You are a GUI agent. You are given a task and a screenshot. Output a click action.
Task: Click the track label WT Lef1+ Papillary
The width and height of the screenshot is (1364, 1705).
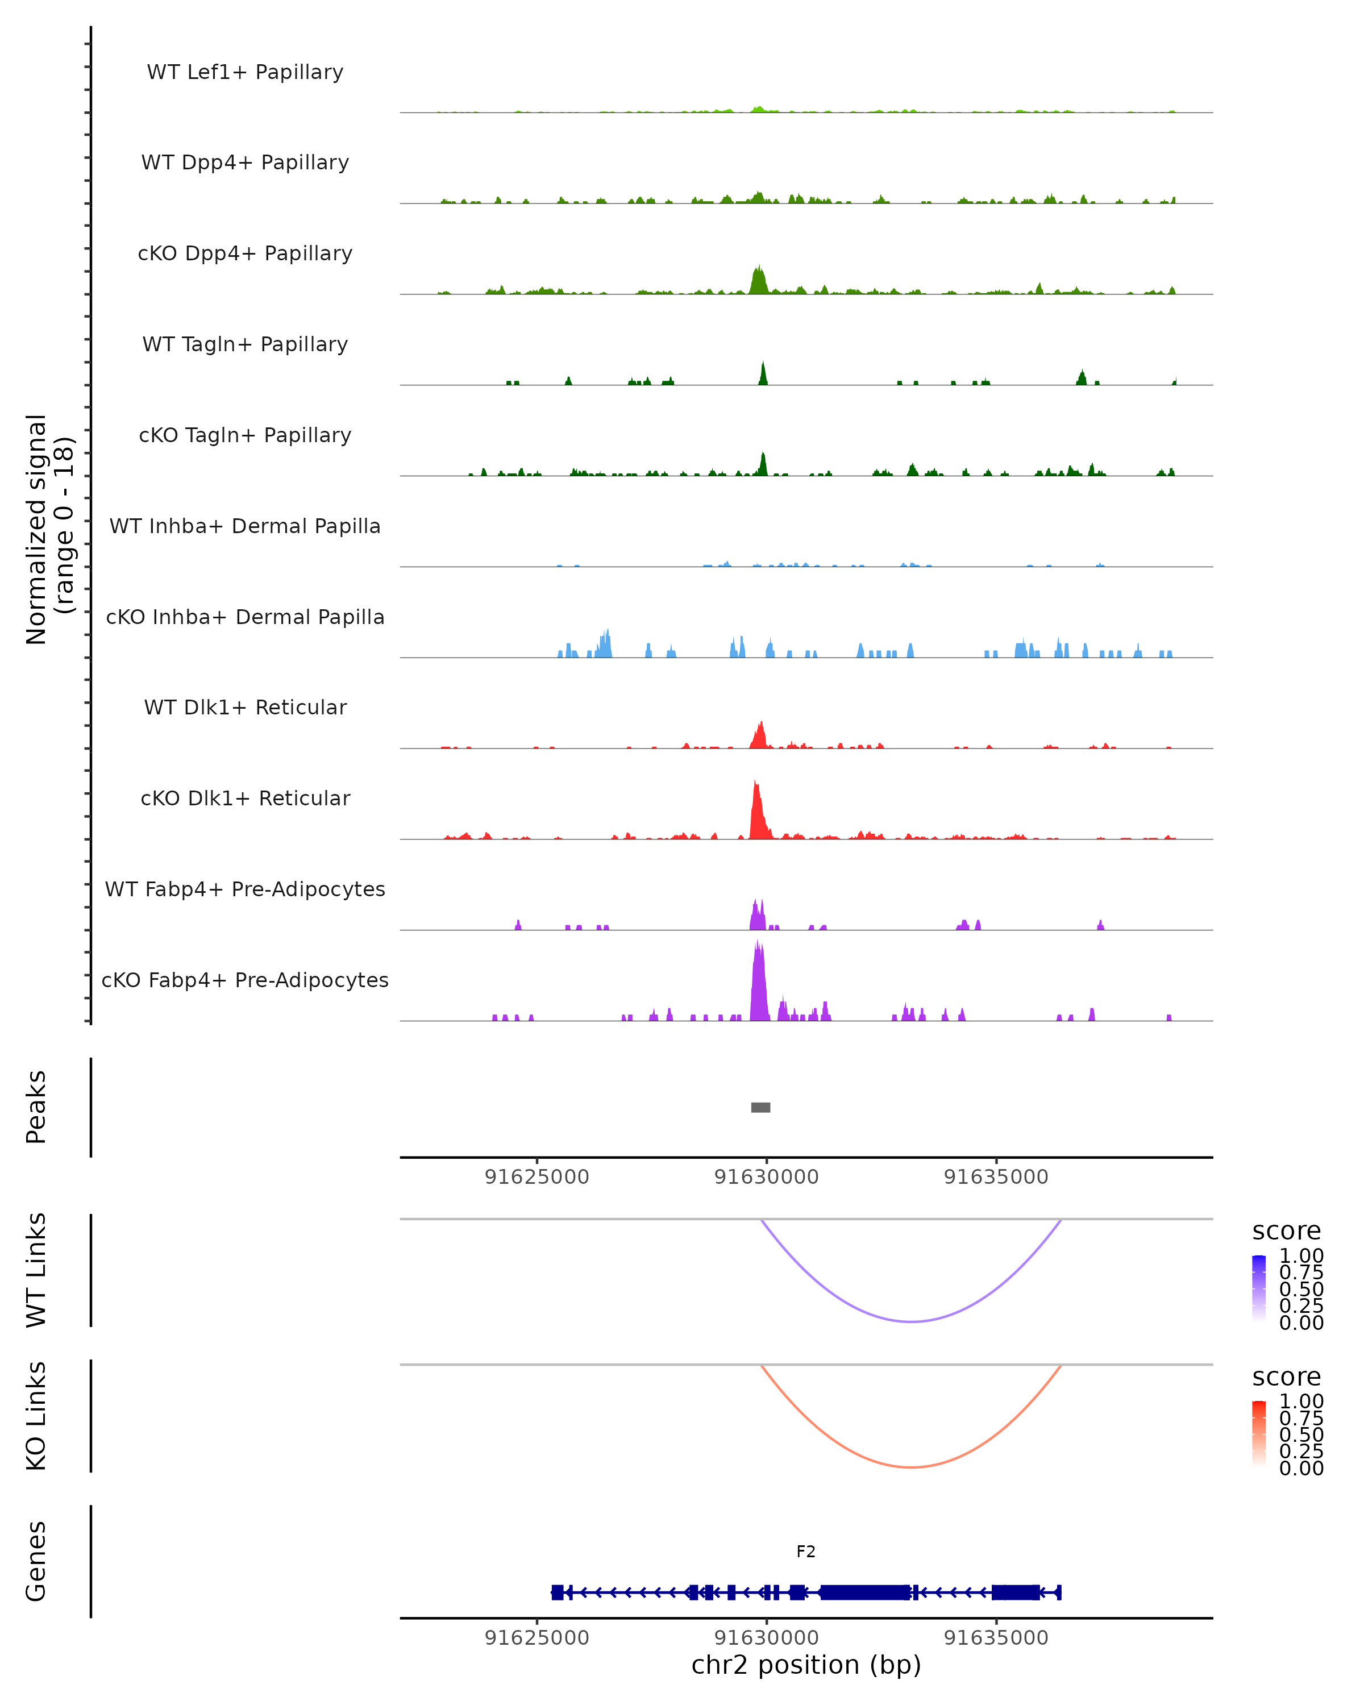coord(245,72)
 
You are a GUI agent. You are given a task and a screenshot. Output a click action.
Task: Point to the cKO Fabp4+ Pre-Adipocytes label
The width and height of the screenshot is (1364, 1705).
coord(245,980)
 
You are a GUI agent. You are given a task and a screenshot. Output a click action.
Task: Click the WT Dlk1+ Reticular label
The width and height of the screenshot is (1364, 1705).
coord(245,707)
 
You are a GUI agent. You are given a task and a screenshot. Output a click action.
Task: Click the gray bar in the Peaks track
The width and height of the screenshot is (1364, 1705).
coord(760,1107)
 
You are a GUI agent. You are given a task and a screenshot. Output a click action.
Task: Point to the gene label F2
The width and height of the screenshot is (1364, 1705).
coord(806,1552)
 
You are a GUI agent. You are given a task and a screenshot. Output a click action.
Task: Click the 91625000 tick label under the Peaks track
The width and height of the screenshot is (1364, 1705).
coord(537,1177)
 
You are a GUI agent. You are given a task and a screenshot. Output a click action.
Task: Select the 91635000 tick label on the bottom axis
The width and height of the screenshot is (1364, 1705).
coord(996,1638)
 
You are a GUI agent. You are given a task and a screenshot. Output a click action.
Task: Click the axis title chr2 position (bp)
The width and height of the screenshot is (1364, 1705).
coord(806,1665)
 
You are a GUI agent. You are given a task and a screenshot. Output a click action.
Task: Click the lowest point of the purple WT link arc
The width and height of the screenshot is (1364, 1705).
coord(912,1321)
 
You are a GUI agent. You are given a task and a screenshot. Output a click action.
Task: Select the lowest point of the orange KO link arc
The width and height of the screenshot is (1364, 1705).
coord(912,1467)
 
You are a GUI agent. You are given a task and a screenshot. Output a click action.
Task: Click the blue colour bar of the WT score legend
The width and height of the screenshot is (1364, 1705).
coord(1259,1288)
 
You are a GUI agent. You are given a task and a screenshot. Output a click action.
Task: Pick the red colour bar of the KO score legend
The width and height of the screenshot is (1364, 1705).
coord(1259,1434)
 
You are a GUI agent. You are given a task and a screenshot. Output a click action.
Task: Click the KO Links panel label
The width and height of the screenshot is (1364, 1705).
coord(36,1416)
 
